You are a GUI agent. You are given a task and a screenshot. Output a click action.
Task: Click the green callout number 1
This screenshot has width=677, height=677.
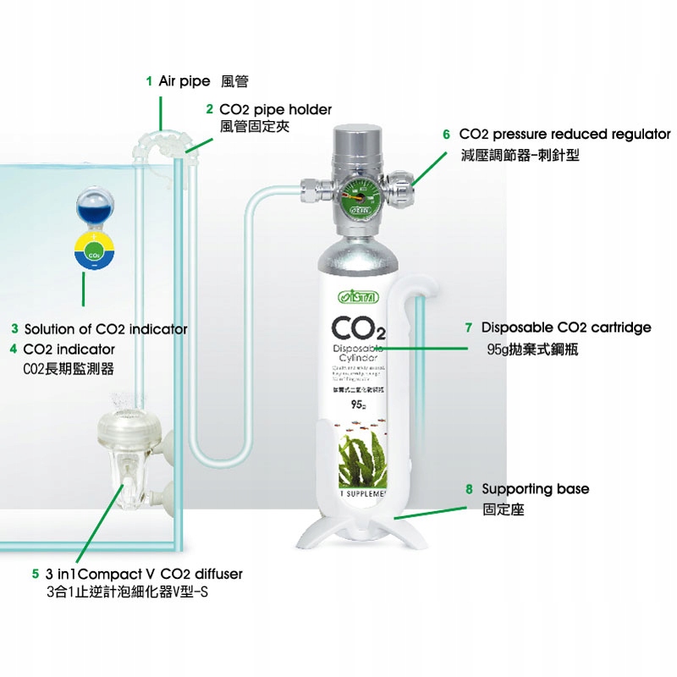(148, 81)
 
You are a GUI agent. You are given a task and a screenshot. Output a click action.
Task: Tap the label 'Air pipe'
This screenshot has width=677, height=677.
(184, 81)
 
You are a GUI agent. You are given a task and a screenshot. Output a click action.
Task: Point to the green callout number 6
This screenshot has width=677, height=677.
(446, 135)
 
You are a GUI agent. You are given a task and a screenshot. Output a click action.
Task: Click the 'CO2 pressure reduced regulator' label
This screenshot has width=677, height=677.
(564, 135)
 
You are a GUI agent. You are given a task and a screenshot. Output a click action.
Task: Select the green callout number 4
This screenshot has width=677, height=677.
(14, 349)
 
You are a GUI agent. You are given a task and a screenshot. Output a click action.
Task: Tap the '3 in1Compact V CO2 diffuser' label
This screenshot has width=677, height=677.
(144, 574)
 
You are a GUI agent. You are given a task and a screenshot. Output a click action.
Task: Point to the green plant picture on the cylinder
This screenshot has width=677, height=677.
(362, 458)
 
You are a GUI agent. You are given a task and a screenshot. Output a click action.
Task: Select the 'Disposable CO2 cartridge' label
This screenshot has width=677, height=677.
(566, 327)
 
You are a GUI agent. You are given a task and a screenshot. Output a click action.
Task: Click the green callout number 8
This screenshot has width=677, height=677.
(470, 489)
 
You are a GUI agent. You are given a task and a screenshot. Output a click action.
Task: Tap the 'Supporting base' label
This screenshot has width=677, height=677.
(535, 489)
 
